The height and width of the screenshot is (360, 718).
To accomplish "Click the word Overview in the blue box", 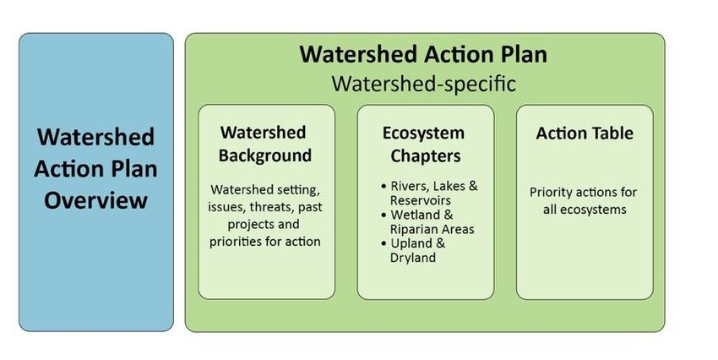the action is point(95,200).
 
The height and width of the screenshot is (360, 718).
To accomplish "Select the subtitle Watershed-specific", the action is point(424,84).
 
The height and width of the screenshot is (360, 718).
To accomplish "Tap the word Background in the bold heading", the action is point(265,155).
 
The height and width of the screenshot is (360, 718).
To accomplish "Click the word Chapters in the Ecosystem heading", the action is point(426,155).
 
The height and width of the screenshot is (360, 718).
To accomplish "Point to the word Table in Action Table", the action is point(611,134).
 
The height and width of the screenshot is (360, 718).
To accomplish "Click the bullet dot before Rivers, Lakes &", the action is point(383,187).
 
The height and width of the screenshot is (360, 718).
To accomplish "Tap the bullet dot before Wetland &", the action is point(383,215).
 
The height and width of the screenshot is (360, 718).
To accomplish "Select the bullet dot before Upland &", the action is point(383,243).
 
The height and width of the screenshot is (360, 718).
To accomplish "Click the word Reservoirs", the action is point(421,200).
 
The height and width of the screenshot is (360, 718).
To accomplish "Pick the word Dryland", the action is point(413,258).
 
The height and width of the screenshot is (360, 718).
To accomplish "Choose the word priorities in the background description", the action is point(236,242).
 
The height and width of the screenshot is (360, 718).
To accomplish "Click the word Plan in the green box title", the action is point(524,54).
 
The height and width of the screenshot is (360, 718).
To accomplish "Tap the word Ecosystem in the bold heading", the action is point(423,134).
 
